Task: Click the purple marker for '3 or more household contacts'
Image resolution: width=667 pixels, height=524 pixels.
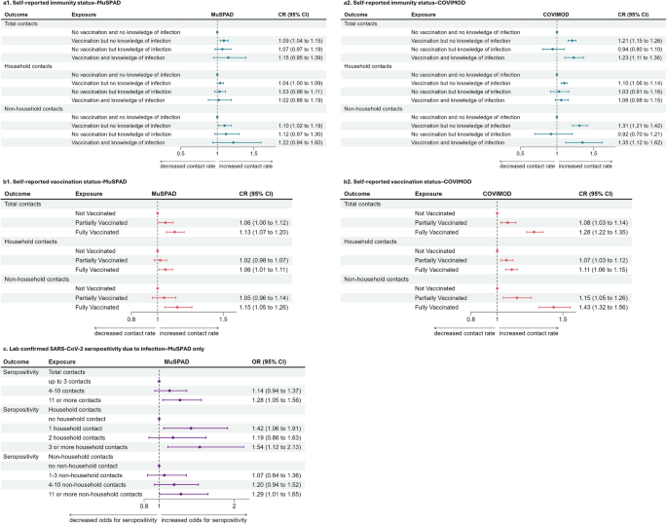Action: (x=200, y=447)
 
